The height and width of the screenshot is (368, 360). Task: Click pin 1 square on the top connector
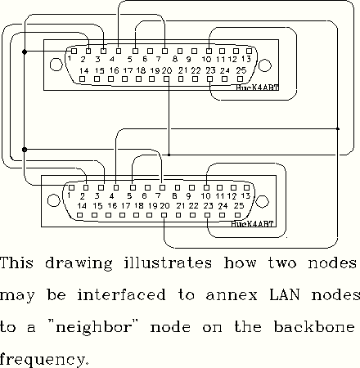[74, 51]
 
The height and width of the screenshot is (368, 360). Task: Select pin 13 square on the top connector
[249, 51]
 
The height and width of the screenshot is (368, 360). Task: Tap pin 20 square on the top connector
[166, 79]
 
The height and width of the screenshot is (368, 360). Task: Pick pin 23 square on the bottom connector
[208, 215]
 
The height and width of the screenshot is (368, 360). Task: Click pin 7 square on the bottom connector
[163, 187]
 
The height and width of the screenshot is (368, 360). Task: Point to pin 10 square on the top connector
[209, 51]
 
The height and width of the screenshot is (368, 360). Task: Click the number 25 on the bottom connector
[239, 206]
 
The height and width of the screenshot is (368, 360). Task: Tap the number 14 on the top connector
[84, 71]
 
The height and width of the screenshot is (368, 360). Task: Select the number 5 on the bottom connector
[129, 196]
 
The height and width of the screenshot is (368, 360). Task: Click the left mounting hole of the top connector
[56, 65]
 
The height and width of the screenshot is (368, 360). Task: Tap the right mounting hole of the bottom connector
[262, 202]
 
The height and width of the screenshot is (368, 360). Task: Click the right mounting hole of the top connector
[264, 65]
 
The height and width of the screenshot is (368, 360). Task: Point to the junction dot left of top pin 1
[25, 52]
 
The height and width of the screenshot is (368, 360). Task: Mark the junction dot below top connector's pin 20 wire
[169, 155]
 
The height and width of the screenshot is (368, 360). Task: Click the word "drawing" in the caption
[79, 264]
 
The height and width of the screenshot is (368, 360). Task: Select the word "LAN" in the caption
[285, 295]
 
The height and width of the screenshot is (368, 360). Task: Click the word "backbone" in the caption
[314, 326]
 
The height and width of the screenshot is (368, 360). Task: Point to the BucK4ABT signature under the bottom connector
[252, 224]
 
